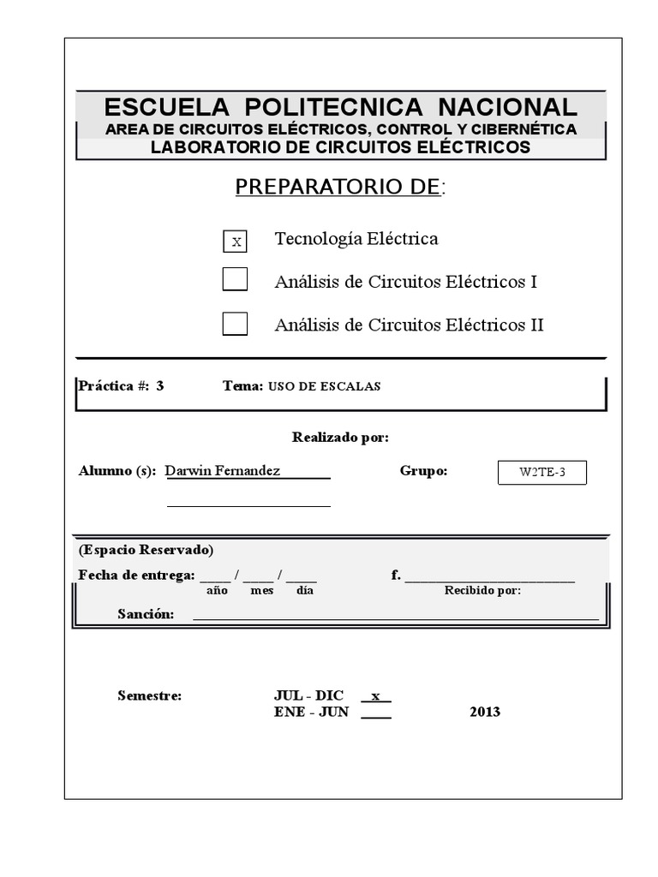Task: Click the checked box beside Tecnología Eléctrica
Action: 235,242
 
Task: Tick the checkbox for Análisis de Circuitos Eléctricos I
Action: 235,280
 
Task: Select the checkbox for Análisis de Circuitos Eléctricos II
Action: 235,324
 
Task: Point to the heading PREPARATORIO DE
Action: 339,187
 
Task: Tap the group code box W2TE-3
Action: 541,473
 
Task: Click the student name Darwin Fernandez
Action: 222,471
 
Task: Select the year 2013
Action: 485,712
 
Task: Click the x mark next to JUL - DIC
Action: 375,695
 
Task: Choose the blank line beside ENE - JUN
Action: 375,713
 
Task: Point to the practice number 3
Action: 160,385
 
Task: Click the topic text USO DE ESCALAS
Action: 324,386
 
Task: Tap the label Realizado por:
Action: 340,438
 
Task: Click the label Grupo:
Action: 423,471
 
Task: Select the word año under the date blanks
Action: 218,591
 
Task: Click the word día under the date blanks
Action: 305,591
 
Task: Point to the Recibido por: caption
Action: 482,591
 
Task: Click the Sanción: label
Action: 146,614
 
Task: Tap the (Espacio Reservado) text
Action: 146,550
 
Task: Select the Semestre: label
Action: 149,695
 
